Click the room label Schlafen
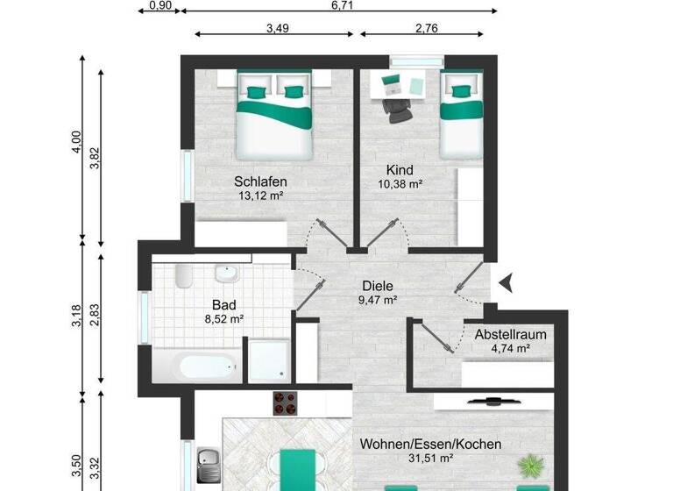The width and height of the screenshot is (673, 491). (x=260, y=181)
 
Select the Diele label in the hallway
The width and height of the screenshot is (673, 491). (x=378, y=285)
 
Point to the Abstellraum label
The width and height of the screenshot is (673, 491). (x=511, y=334)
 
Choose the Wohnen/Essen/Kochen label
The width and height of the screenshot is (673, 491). (x=430, y=444)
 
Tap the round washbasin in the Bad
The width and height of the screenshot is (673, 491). (x=227, y=274)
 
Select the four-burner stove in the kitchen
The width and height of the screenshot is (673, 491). (x=287, y=402)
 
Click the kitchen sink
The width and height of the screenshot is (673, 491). (x=209, y=459)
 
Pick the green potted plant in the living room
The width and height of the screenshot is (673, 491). (x=530, y=463)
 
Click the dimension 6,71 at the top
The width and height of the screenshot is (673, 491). (x=343, y=5)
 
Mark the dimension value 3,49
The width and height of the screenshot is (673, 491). (x=277, y=28)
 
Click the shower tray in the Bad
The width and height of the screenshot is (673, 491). (x=267, y=359)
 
